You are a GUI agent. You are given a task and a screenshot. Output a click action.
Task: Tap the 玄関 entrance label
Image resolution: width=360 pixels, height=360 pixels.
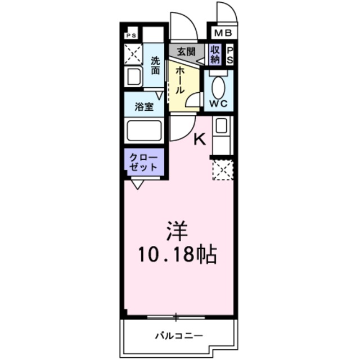point(186,51)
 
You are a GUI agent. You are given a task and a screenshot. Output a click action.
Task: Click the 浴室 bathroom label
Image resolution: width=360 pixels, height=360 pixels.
point(144,107)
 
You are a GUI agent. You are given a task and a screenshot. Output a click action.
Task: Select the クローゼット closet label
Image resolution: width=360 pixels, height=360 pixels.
point(144,161)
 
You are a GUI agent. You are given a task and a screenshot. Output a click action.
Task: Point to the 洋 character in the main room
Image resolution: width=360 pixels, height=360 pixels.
point(176,232)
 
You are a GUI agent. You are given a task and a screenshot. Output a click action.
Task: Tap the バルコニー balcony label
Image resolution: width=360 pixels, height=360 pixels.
point(178,336)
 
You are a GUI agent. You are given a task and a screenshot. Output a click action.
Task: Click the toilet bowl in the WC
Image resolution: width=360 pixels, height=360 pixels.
point(218,87)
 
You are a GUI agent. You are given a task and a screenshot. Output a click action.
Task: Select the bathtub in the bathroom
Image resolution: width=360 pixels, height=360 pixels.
point(144,132)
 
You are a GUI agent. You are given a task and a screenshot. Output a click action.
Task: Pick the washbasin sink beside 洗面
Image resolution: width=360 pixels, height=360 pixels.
point(134,77)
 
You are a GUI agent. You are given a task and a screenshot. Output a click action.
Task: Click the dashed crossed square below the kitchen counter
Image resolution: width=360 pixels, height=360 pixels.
point(222,169)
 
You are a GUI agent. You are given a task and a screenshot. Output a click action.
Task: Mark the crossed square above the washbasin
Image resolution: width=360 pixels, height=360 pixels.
point(134,55)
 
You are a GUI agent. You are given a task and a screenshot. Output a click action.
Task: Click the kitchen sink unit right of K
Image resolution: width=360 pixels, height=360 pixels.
point(221,134)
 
